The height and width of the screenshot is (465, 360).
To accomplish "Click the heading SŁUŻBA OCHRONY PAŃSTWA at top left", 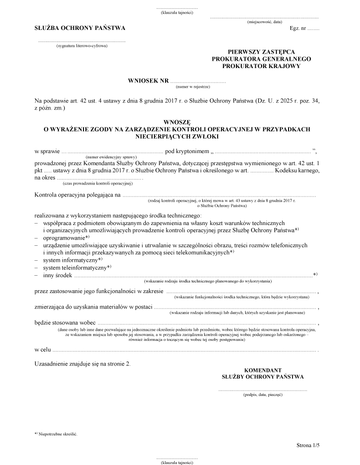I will click(80, 28).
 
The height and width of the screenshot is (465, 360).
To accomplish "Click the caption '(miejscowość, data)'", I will click(264, 22).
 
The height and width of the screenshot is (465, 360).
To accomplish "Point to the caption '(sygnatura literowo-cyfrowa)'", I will click(82, 46).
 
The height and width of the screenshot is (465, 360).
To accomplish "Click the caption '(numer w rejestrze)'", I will click(193, 87).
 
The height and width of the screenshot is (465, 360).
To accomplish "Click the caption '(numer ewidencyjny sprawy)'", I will click(111, 157).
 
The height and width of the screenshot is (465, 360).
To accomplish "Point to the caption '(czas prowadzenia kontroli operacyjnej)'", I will click(97, 184).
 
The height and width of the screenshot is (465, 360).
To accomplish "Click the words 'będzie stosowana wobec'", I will click(65, 323).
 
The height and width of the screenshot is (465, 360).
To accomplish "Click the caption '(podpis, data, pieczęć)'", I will click(263, 395).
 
